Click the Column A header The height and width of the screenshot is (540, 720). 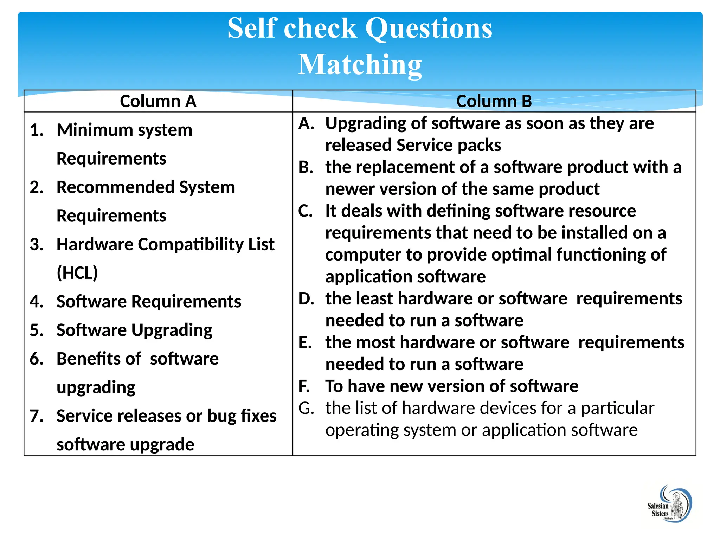click(x=158, y=101)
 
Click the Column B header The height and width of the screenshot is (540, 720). click(x=494, y=101)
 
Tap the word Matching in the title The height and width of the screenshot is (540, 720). click(x=360, y=65)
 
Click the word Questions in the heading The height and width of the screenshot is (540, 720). click(x=429, y=28)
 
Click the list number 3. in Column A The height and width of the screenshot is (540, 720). click(x=37, y=244)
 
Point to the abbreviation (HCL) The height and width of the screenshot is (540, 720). click(x=77, y=273)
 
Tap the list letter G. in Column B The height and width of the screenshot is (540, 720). click(x=306, y=408)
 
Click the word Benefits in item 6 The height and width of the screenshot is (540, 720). click(x=99, y=359)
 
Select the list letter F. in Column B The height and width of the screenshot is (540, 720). click(x=304, y=386)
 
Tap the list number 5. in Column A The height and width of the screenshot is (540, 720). click(x=37, y=330)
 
